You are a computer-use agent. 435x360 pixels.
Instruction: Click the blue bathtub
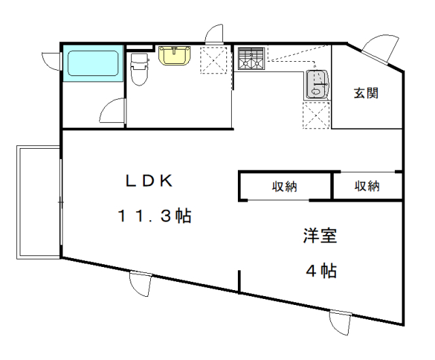(x=93, y=63)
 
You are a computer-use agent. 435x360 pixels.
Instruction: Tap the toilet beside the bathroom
(x=139, y=69)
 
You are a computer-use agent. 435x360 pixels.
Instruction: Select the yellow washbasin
(x=174, y=56)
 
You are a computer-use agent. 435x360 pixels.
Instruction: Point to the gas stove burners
(x=251, y=58)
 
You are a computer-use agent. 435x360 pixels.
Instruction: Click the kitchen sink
(x=317, y=85)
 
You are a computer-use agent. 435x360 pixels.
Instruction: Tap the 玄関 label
(x=366, y=93)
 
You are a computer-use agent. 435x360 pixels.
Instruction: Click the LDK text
(x=149, y=181)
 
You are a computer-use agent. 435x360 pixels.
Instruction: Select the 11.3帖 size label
(x=154, y=216)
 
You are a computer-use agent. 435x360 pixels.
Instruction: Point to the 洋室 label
(x=320, y=236)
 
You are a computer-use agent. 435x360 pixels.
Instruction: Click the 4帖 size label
(x=321, y=271)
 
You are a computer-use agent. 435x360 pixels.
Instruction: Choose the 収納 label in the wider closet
(x=284, y=186)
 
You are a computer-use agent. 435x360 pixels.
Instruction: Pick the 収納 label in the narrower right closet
(x=367, y=186)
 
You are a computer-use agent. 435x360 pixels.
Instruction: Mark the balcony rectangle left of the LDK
(x=38, y=202)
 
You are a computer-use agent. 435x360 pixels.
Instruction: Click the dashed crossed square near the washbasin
(x=213, y=60)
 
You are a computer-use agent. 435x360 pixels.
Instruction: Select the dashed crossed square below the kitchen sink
(x=316, y=115)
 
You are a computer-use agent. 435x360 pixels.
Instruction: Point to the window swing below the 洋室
(x=339, y=323)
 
